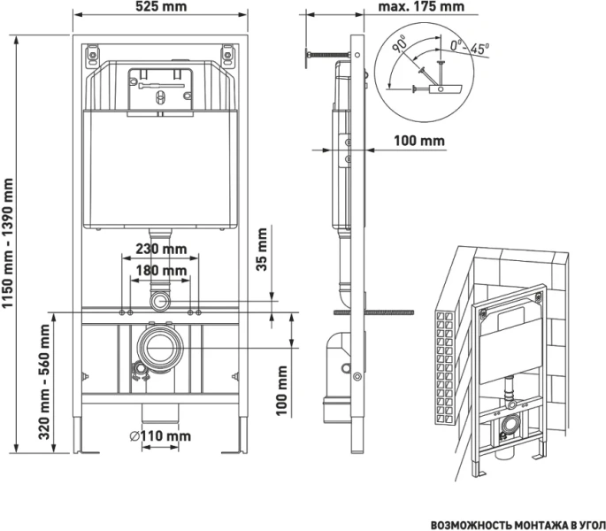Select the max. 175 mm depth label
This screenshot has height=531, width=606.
pos(420,8)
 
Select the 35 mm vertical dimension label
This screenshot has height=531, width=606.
pos(262,250)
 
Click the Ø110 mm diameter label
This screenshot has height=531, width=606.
pos(158,435)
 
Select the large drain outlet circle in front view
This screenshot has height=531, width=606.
pos(160,347)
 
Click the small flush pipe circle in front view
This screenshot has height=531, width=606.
pos(160,302)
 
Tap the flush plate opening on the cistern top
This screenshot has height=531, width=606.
pos(160,91)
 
